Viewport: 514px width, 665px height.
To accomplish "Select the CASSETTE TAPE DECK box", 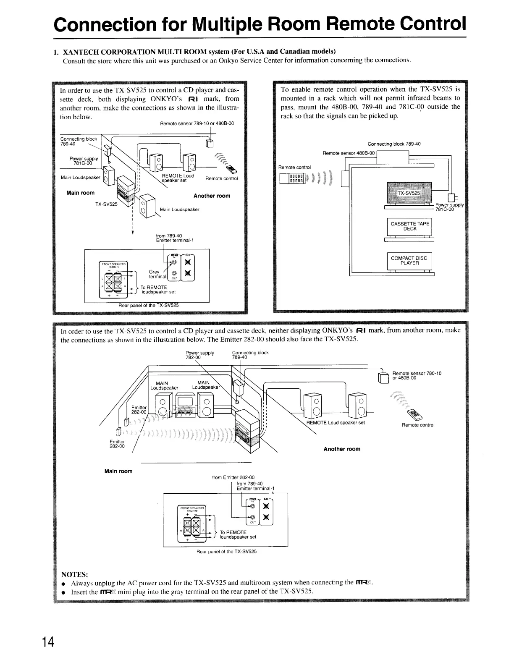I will coord(409,226).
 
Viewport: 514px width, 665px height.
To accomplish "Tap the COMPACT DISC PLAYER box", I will coord(409,261).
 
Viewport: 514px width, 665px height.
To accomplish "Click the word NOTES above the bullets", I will coord(75,574).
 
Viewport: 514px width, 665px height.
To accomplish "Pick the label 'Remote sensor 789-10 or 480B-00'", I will coord(197,123).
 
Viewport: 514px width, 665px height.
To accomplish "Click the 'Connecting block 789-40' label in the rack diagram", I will coord(394,144).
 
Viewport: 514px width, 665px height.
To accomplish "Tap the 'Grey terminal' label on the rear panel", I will coord(154,275).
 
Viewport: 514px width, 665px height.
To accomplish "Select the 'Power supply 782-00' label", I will coord(199,355).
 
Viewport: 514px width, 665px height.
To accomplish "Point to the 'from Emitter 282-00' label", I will coord(233,477).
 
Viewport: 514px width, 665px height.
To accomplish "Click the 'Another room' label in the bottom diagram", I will coord(342,449).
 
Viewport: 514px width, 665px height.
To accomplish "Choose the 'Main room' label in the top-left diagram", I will coord(81,193).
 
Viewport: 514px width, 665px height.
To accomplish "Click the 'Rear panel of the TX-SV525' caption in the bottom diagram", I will coord(226,551).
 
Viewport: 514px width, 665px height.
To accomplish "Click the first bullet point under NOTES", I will coord(63,584).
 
